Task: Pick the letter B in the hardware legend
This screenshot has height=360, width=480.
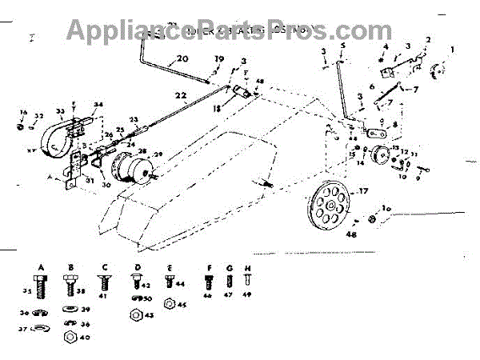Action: click(70, 266)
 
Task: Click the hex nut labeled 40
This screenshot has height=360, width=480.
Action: click(70, 337)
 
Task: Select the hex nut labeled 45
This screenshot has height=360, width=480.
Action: click(170, 304)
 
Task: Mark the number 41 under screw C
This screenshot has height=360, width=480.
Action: click(103, 294)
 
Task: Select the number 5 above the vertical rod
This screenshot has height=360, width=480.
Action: click(342, 46)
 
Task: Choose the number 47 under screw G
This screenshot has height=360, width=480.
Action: click(230, 295)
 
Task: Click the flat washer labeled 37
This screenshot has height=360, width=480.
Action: click(42, 327)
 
